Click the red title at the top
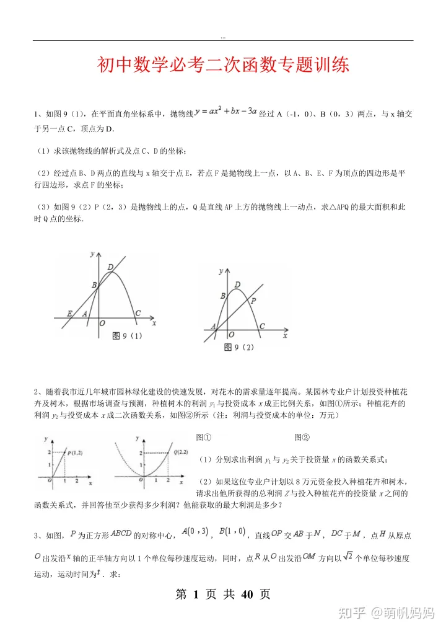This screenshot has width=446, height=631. click(x=223, y=65)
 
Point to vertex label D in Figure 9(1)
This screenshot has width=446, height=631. click(x=110, y=267)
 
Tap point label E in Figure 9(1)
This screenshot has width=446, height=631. click(x=69, y=314)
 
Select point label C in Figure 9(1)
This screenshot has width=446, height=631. click(x=138, y=314)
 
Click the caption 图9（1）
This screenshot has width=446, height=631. click(x=127, y=335)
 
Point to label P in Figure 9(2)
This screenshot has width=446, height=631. click(x=253, y=300)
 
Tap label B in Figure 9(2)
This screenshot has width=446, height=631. click(x=222, y=296)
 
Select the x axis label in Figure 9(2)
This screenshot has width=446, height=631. click(x=285, y=335)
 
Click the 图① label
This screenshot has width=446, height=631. click(x=204, y=436)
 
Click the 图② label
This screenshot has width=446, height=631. click(x=302, y=436)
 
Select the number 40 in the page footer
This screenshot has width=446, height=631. click(x=247, y=594)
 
